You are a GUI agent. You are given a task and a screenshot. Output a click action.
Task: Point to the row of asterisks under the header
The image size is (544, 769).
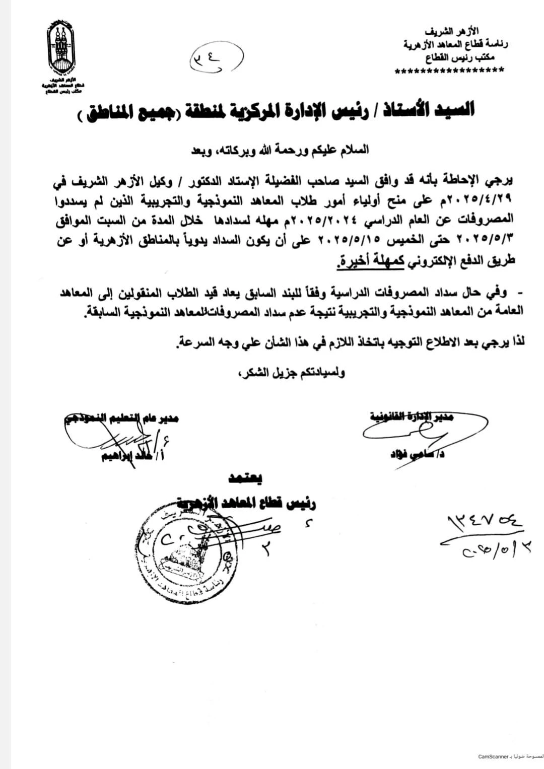tap(450, 71)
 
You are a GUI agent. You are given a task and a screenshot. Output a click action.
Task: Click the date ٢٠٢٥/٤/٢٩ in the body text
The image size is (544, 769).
tap(486, 199)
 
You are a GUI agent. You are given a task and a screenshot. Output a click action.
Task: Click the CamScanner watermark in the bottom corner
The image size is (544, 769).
tap(509, 756)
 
